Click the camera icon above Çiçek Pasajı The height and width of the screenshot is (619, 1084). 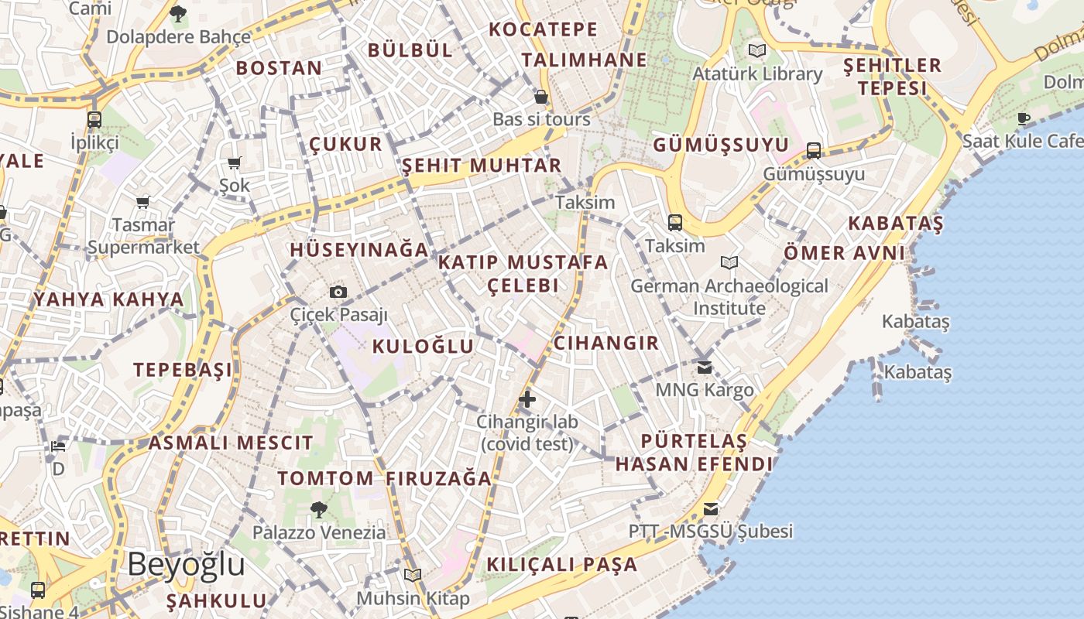tap(338, 292)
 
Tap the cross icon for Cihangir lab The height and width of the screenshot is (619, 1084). tap(527, 399)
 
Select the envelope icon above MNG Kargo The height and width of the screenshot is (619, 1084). tap(704, 367)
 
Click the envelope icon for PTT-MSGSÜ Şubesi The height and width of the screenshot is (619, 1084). tap(711, 509)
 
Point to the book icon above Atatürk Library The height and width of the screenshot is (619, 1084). tap(756, 51)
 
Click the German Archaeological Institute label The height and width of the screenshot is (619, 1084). tap(729, 297)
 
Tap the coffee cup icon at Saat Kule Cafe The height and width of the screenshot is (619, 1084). tap(1024, 118)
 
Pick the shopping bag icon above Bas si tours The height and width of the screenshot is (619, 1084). tap(541, 97)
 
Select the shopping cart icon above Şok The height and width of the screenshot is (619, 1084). tap(234, 162)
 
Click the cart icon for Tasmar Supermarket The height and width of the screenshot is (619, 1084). tap(143, 202)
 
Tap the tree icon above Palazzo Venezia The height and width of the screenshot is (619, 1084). tap(318, 509)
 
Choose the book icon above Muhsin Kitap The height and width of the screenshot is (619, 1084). tap(413, 576)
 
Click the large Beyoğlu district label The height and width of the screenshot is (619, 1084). tap(186, 565)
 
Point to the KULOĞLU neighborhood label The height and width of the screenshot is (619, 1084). tap(423, 346)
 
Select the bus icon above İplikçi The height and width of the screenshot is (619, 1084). tap(94, 120)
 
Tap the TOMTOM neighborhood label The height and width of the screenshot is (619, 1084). tap(325, 478)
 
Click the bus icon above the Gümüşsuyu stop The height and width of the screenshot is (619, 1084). tap(814, 150)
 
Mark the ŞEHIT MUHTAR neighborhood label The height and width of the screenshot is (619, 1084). tap(482, 165)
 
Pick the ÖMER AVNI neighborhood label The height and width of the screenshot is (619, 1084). tap(844, 252)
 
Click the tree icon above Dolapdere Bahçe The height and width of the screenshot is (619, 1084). tap(178, 13)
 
